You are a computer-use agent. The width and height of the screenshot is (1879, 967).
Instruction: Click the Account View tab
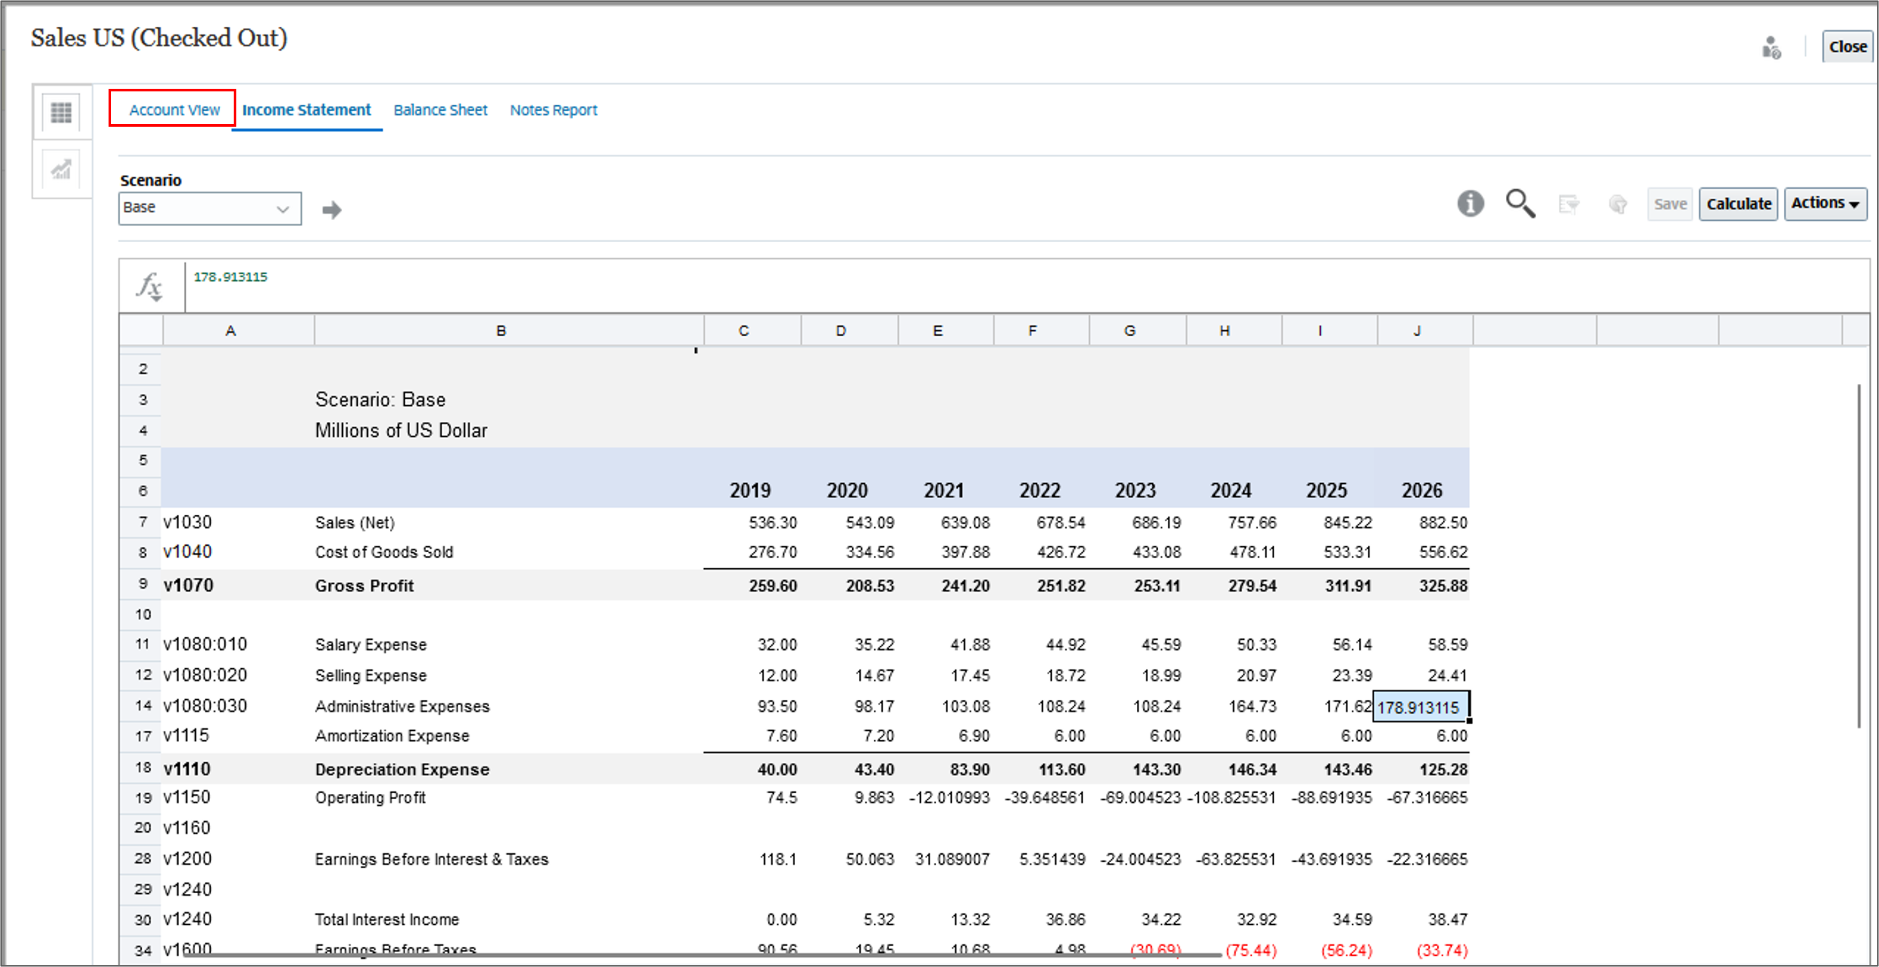pyautogui.click(x=174, y=110)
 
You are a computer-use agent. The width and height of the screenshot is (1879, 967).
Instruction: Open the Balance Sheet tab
pyautogui.click(x=440, y=110)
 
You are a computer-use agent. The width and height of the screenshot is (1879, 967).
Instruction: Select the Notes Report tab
pyautogui.click(x=553, y=110)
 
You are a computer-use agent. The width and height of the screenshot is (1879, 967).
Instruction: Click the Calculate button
pyautogui.click(x=1738, y=204)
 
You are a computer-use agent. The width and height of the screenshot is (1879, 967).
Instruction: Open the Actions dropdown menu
pyautogui.click(x=1825, y=204)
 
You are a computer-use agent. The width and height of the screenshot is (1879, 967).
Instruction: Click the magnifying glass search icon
pyautogui.click(x=1520, y=204)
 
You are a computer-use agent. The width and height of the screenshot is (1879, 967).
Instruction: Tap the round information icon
pyautogui.click(x=1470, y=204)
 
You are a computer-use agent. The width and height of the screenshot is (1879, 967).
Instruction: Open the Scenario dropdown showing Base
pyautogui.click(x=210, y=208)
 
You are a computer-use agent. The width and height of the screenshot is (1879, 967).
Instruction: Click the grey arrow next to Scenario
pyautogui.click(x=332, y=210)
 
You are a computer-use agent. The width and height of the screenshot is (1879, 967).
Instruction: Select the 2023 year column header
pyautogui.click(x=1135, y=490)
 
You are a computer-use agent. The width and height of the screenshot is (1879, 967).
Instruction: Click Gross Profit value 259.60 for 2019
pyautogui.click(x=773, y=585)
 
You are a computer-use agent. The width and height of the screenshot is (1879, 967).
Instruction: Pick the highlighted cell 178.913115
pyautogui.click(x=1419, y=707)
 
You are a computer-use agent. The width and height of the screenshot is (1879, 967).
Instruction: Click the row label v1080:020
pyautogui.click(x=205, y=675)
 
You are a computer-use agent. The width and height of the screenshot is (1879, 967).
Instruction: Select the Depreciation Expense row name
pyautogui.click(x=402, y=769)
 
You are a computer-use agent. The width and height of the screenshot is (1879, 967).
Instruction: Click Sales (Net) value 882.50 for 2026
pyautogui.click(x=1443, y=522)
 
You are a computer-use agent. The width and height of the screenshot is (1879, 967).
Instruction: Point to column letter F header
pyautogui.click(x=1032, y=330)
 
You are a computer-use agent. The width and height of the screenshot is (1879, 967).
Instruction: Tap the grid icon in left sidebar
pyautogui.click(x=61, y=112)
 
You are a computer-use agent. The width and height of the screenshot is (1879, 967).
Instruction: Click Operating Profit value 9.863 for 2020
pyautogui.click(x=874, y=797)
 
